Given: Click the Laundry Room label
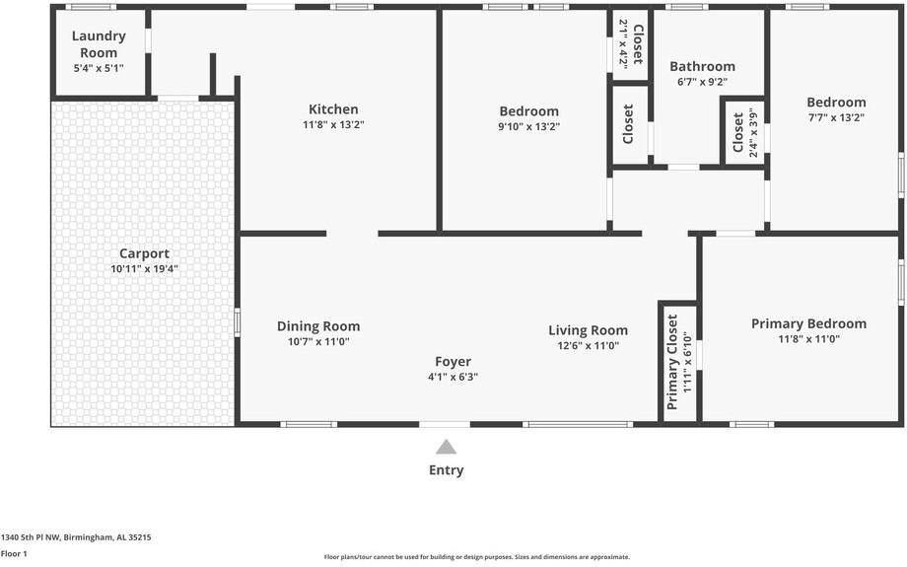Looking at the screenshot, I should point(99,44).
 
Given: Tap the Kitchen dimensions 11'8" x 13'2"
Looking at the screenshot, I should point(333,125).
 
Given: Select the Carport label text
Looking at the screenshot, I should point(144,253).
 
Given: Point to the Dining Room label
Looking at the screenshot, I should point(318,326).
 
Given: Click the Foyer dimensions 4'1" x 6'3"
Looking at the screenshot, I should point(453,377).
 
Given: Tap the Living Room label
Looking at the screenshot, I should point(588,330).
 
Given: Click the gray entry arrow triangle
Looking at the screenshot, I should point(447,447).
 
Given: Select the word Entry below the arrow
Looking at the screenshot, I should point(446,470).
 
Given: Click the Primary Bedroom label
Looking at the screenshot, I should point(808,323).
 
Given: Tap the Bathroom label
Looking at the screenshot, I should point(702,67).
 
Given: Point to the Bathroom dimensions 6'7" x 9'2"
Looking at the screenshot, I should point(702,83).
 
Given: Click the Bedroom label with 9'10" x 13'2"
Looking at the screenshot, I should point(528,111).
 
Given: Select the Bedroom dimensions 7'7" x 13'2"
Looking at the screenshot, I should point(836,117).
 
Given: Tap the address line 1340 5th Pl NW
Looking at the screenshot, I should point(76,537).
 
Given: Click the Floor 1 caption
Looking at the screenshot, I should point(14,554).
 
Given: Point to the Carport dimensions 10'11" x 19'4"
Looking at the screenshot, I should point(144,268).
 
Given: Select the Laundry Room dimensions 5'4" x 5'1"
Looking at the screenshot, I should point(99,68).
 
